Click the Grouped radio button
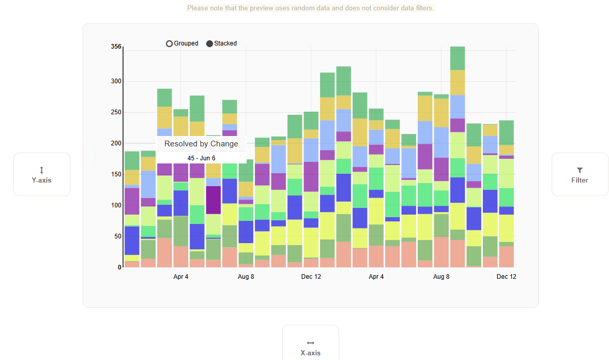(x=169, y=44)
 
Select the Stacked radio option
(x=209, y=44)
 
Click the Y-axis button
(x=42, y=174)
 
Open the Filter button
(x=580, y=174)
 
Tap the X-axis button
(x=310, y=347)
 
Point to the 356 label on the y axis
(x=116, y=47)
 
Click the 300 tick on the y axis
(x=116, y=81)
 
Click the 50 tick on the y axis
(x=117, y=236)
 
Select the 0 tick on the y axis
(x=119, y=267)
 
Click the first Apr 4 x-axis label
(x=181, y=277)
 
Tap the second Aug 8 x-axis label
(x=441, y=277)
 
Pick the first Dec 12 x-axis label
(x=311, y=277)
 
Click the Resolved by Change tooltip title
(x=201, y=144)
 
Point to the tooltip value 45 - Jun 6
(x=201, y=158)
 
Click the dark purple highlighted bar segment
(x=214, y=200)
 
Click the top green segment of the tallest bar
(x=458, y=58)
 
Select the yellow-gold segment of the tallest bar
(x=458, y=82)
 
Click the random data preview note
(x=310, y=8)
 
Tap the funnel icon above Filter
(x=580, y=170)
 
